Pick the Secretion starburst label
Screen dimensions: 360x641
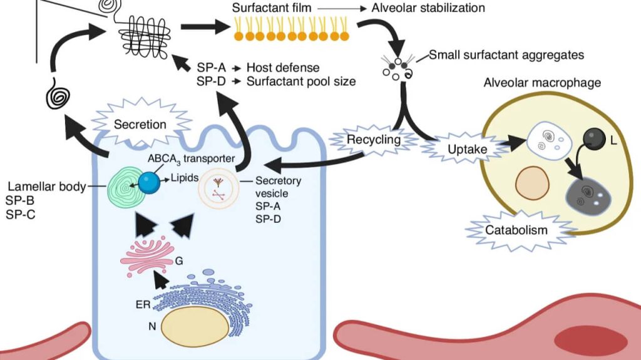pyautogui.click(x=140, y=124)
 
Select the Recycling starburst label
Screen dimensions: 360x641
pyautogui.click(x=375, y=140)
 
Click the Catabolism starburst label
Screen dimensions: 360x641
pyautogui.click(x=516, y=230)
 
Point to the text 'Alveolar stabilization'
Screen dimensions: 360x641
pyautogui.click(x=428, y=8)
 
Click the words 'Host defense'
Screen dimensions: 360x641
pyautogui.click(x=282, y=68)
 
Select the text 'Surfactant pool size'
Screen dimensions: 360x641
pyautogui.click(x=301, y=81)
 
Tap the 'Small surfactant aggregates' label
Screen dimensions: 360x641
pyautogui.click(x=506, y=55)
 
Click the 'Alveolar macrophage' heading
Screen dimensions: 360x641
pyautogui.click(x=542, y=83)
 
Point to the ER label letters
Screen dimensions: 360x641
pyautogui.click(x=143, y=305)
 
